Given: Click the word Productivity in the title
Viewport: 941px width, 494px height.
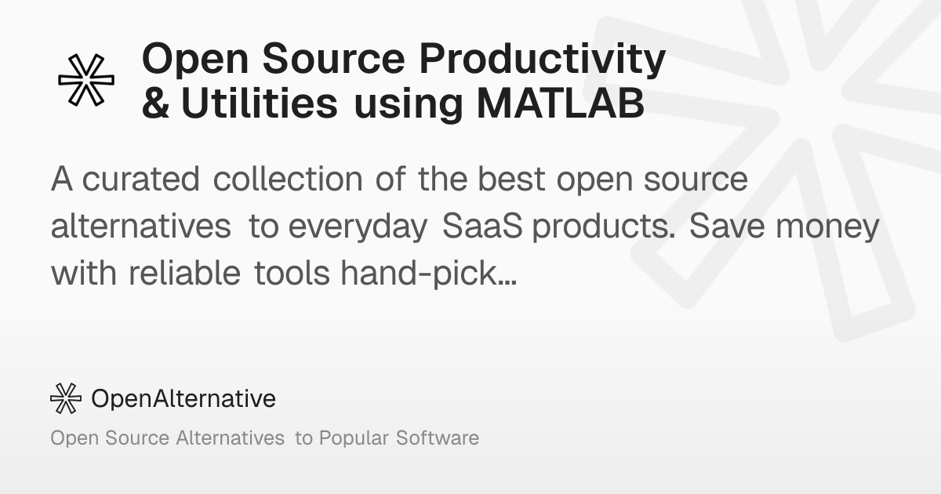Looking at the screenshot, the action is click(543, 60).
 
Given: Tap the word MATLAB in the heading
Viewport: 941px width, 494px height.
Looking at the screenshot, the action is click(561, 104).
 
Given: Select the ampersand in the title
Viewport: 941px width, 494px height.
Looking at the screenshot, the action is click(156, 104).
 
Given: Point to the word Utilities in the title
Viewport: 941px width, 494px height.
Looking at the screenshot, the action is click(260, 104).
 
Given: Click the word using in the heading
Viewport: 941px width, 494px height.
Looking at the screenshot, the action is click(409, 105).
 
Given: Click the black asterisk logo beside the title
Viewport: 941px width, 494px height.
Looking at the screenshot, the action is click(86, 80).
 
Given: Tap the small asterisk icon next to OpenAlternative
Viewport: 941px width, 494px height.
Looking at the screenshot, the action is click(66, 398).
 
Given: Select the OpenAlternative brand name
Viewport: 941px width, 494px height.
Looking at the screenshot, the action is click(183, 398).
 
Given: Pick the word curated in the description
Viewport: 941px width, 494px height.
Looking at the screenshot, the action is click(140, 179).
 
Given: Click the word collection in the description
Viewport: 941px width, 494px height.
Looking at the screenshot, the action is click(288, 179).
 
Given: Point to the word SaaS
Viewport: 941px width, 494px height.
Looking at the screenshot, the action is click(482, 226).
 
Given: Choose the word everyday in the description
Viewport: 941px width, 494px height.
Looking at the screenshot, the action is click(358, 227).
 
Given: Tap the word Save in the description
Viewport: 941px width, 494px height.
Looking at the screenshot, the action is click(727, 226).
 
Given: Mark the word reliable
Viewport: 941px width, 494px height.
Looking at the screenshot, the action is click(184, 273).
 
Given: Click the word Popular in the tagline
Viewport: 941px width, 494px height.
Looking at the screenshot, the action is click(354, 438).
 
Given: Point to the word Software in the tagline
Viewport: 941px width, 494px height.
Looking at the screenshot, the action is click(438, 438).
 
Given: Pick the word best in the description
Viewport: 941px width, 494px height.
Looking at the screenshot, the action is click(511, 179).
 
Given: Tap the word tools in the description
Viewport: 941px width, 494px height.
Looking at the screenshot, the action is click(292, 273).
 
